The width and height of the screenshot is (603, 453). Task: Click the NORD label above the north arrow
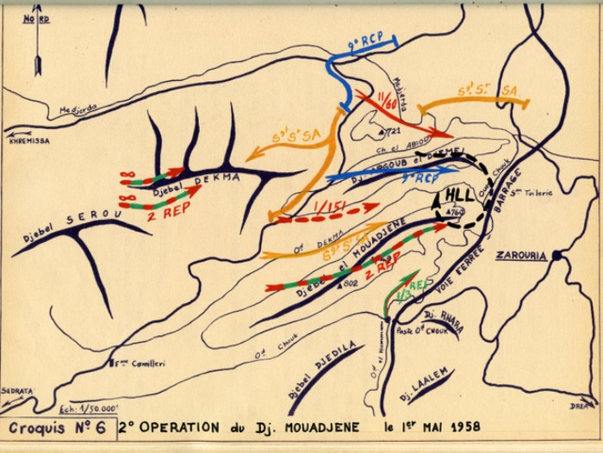[35, 16]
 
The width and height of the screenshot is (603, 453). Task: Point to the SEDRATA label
[16, 390]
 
